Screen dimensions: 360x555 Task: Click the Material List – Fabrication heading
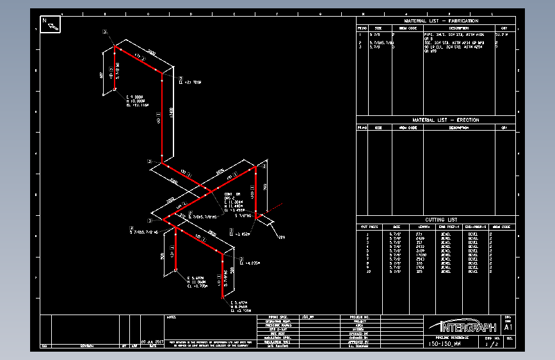click(x=436, y=21)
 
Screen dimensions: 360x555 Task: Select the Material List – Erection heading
click(x=436, y=120)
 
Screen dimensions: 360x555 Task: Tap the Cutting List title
click(x=436, y=220)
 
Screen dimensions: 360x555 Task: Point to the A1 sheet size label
click(x=508, y=327)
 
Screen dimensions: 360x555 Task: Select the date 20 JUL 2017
click(x=152, y=341)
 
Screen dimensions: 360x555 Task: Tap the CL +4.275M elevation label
click(x=250, y=263)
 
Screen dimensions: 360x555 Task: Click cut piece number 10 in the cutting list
click(x=367, y=272)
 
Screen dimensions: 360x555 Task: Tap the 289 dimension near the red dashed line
click(x=281, y=238)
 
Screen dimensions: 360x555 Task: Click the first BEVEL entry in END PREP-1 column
click(x=446, y=234)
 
